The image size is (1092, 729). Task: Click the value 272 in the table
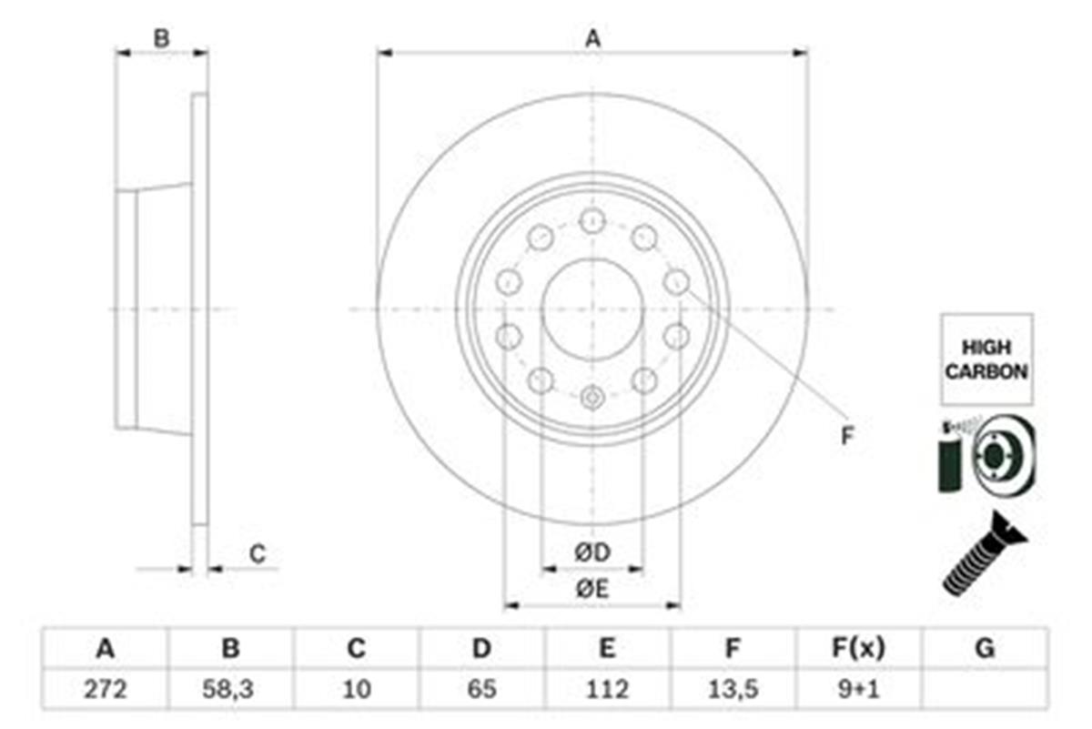pos(106,690)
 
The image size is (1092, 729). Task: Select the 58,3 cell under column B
pos(228,690)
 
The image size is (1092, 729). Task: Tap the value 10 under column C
pos(357,690)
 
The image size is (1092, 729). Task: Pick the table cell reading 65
pos(481,690)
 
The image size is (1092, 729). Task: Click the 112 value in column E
pos(607,690)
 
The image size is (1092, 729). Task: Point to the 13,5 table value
pos(733,690)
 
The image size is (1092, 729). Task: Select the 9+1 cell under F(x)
pos(858,690)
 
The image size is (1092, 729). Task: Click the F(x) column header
pos(858,649)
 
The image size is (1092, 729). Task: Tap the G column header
pos(985,649)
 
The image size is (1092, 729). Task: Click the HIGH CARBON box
pos(986,359)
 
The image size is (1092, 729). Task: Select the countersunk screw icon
pos(985,553)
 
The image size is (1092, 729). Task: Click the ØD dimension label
pos(592,552)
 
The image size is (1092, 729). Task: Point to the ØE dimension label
pos(592,590)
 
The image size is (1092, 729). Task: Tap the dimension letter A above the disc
pos(592,38)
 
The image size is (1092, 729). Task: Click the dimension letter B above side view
pos(161,38)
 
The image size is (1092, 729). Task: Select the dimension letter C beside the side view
pos(258,554)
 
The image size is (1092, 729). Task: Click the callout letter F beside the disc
pos(848,435)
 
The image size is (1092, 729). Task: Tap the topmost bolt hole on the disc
pos(592,221)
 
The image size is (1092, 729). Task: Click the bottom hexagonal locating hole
pos(592,398)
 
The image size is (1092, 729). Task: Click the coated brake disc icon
pos(986,456)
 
